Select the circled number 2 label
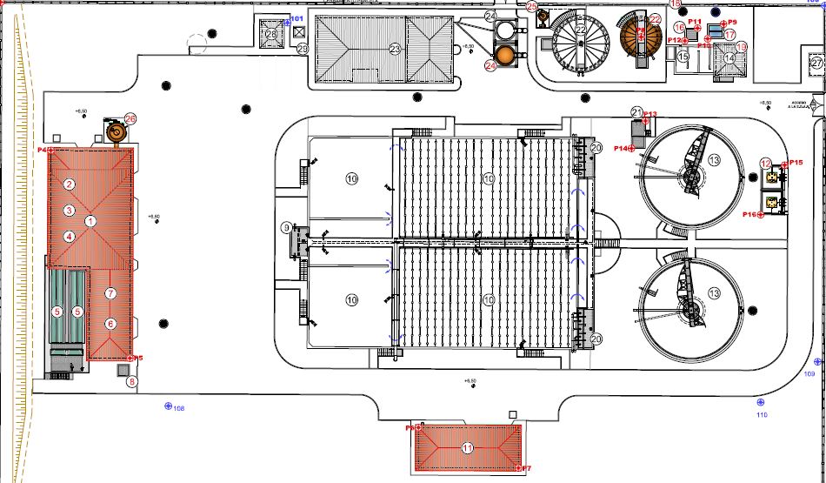[69, 183]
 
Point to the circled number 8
[132, 381]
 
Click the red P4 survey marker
[51, 151]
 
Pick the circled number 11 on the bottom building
[468, 448]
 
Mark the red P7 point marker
[516, 469]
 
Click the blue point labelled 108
[169, 406]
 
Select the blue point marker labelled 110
[761, 402]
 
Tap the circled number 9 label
[286, 228]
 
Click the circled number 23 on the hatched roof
[395, 49]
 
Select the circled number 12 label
[765, 163]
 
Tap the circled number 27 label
[816, 63]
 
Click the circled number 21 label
[636, 111]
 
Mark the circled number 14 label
[729, 58]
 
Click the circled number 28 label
[271, 34]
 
